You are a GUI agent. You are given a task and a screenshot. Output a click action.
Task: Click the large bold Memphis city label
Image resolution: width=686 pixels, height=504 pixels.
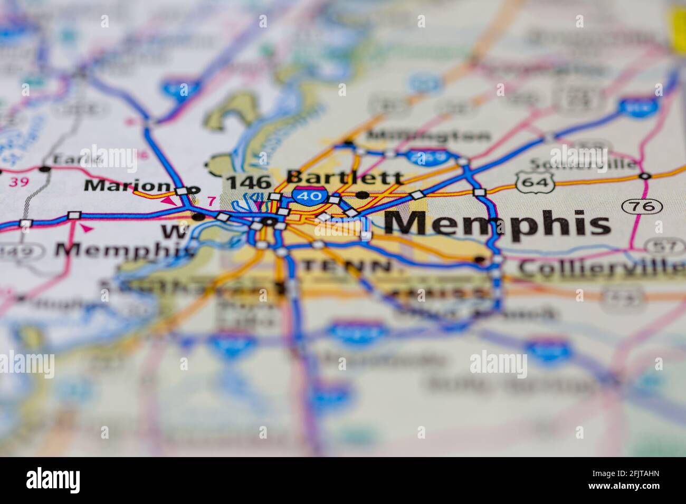[x=497, y=224]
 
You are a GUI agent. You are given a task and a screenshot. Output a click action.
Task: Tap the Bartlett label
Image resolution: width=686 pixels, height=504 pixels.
[x=345, y=177]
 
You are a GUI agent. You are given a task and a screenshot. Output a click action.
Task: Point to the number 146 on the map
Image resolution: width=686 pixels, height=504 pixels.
[x=248, y=183]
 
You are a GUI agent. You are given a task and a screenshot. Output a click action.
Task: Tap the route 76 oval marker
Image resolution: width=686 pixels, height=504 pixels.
[x=634, y=206]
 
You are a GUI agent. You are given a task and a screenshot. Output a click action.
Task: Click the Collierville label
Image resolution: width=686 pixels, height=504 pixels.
[x=599, y=268]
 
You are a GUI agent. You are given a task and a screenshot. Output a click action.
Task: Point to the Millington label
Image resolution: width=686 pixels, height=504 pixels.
[x=429, y=135]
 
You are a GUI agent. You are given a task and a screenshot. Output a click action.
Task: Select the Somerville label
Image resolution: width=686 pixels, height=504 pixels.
[x=583, y=164]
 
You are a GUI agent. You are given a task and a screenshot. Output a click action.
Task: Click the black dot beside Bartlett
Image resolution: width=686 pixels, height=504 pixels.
[x=362, y=195]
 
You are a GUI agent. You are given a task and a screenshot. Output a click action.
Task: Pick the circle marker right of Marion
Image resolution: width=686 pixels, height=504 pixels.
[x=195, y=189]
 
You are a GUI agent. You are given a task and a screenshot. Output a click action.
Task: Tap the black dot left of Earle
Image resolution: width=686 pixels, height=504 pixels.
[x=45, y=169]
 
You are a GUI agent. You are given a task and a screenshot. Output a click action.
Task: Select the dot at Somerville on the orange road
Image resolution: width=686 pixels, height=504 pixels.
[x=644, y=176]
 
